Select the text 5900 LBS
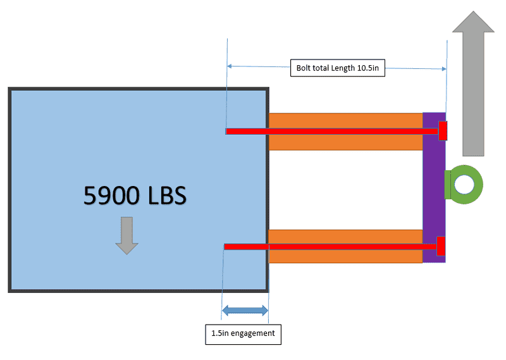(x=135, y=196)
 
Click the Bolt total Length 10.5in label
(x=338, y=68)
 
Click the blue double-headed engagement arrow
(x=245, y=311)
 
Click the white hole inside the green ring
(x=466, y=184)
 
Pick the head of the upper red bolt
(x=443, y=130)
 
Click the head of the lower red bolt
(x=441, y=246)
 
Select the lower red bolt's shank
(x=329, y=246)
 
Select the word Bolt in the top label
(x=304, y=68)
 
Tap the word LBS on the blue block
(x=166, y=196)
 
